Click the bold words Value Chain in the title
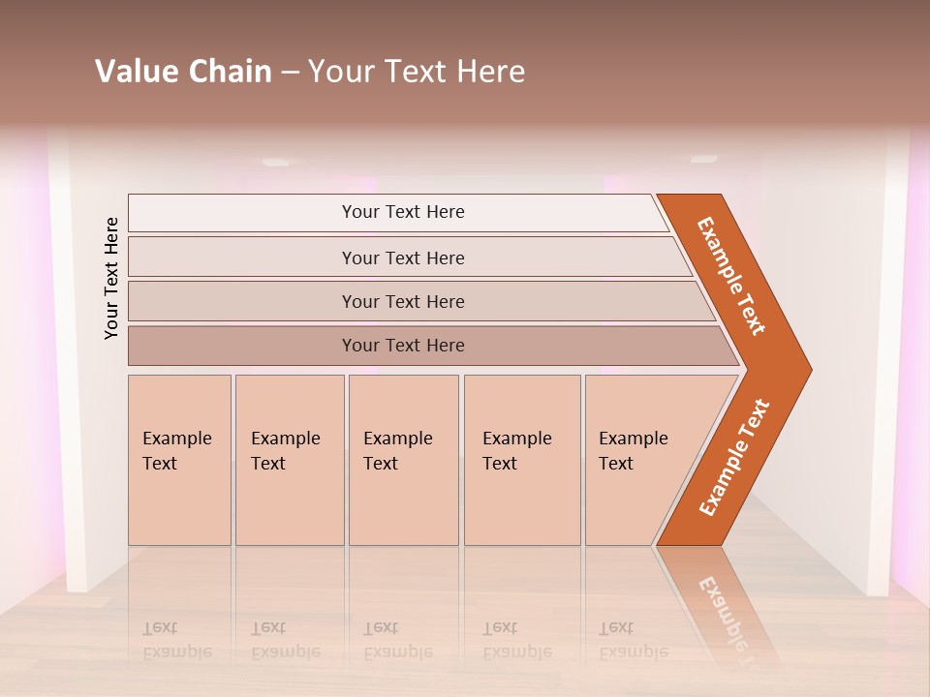point(183,72)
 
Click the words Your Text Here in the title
point(417,72)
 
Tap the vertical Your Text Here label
point(111,278)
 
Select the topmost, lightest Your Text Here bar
point(402,212)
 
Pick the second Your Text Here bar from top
point(402,258)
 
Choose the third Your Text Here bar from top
point(402,301)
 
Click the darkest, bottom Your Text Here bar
point(402,346)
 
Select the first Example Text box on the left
point(179,460)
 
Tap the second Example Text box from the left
point(289,460)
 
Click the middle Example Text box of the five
point(403,460)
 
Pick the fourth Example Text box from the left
point(521,460)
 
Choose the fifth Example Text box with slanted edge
point(639,460)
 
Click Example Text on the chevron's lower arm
point(734,458)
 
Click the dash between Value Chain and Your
point(290,73)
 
